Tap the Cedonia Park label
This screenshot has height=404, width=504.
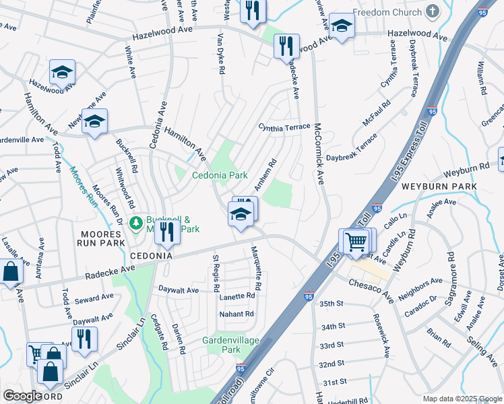tap(220, 175)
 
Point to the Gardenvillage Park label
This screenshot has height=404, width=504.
tap(231, 345)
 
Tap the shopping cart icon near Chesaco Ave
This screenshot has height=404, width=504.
tap(356, 240)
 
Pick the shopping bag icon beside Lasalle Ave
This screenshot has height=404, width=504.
tap(10, 272)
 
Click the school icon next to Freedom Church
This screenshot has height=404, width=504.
tap(342, 26)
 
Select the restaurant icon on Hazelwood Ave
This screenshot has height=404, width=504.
tap(286, 45)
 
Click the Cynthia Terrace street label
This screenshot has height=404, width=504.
tap(284, 127)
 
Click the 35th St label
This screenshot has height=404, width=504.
tap(332, 304)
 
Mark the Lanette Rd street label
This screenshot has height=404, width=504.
tap(236, 296)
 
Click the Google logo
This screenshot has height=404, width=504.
tap(23, 396)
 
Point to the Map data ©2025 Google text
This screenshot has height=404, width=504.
tap(462, 399)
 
